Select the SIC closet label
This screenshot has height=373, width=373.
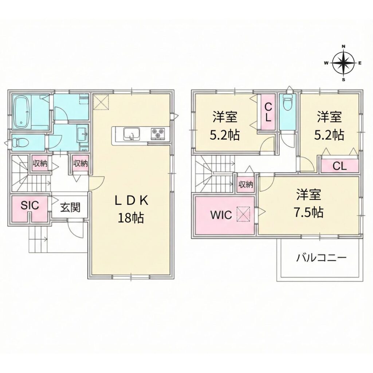pyautogui.click(x=30, y=205)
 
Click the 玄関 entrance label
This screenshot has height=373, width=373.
pyautogui.click(x=70, y=208)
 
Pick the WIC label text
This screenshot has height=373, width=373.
pyautogui.click(x=221, y=215)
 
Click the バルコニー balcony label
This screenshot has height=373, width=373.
pyautogui.click(x=321, y=259)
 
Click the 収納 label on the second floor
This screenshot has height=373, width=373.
pyautogui.click(x=246, y=185)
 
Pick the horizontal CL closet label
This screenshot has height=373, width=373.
pyautogui.click(x=339, y=166)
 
